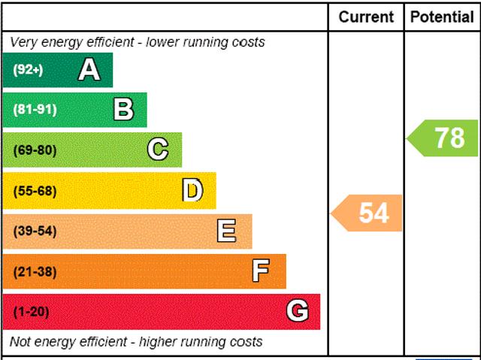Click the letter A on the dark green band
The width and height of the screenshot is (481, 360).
pyautogui.click(x=89, y=70)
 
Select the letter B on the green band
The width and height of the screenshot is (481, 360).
pyautogui.click(x=123, y=110)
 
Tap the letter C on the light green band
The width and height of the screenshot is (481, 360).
pyautogui.click(x=158, y=150)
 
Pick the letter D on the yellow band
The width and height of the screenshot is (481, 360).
pyautogui.click(x=192, y=191)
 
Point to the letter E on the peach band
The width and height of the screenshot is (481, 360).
pyautogui.click(x=226, y=231)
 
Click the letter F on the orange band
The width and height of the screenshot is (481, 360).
pyautogui.click(x=261, y=271)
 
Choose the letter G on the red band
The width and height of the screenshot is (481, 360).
pyautogui.click(x=297, y=311)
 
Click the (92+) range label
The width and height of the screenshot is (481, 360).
pyautogui.click(x=29, y=70)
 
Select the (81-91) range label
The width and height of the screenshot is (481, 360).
pyautogui.click(x=35, y=110)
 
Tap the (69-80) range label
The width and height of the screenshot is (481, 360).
pyautogui.click(x=35, y=150)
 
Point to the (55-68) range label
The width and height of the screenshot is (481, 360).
pyautogui.click(x=35, y=191)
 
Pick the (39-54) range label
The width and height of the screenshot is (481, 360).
pyautogui.click(x=35, y=231)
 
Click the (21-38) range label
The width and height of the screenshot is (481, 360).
pyautogui.click(x=35, y=271)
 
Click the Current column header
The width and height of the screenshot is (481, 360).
pyautogui.click(x=366, y=17)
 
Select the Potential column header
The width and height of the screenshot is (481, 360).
pyautogui.click(x=442, y=17)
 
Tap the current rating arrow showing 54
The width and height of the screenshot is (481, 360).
pyautogui.click(x=368, y=213)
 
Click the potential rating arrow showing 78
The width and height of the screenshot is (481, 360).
pyautogui.click(x=443, y=138)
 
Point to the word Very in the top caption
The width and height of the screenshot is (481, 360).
pyautogui.click(x=23, y=42)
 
